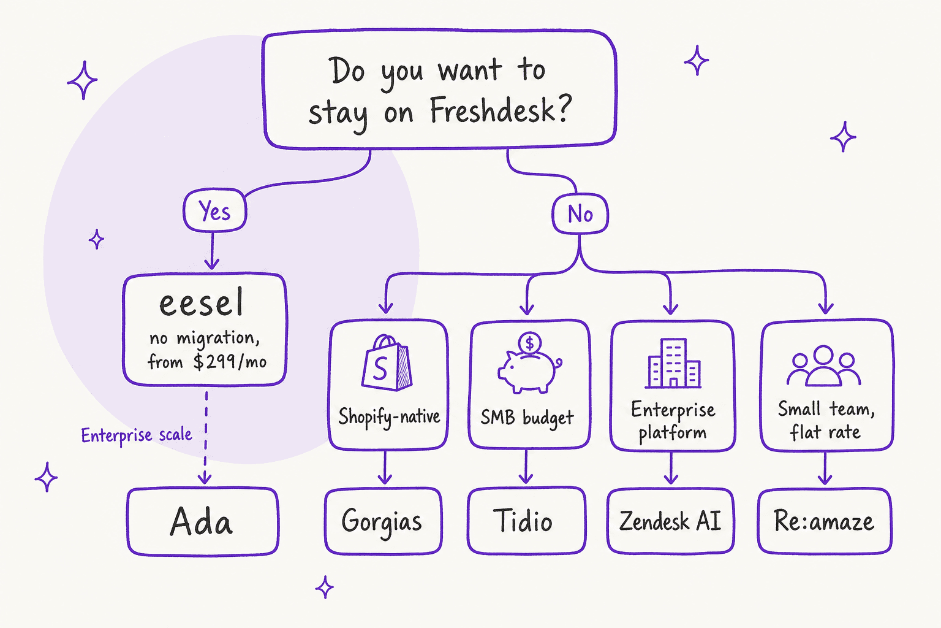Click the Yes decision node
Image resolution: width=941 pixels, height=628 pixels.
click(214, 210)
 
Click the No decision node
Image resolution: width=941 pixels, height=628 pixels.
click(580, 213)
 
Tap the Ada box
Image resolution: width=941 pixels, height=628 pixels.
click(203, 521)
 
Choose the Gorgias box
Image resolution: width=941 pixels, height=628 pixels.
click(383, 521)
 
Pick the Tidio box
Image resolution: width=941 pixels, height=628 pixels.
click(527, 521)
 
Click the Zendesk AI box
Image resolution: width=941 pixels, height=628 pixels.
click(670, 521)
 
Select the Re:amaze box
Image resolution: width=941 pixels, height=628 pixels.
click(825, 521)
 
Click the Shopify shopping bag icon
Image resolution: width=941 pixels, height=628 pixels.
click(387, 362)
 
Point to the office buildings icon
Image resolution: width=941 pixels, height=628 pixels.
click(673, 363)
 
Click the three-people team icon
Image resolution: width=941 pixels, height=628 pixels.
click(824, 366)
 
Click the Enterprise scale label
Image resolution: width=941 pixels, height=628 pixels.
click(137, 435)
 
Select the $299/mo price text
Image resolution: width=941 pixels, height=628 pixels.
click(230, 362)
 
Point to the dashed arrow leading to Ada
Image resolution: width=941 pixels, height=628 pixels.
click(205, 437)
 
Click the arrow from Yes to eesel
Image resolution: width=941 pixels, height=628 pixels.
click(212, 251)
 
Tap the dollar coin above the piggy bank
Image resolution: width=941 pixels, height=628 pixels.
click(530, 343)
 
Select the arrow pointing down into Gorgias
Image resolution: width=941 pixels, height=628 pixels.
click(385, 467)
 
